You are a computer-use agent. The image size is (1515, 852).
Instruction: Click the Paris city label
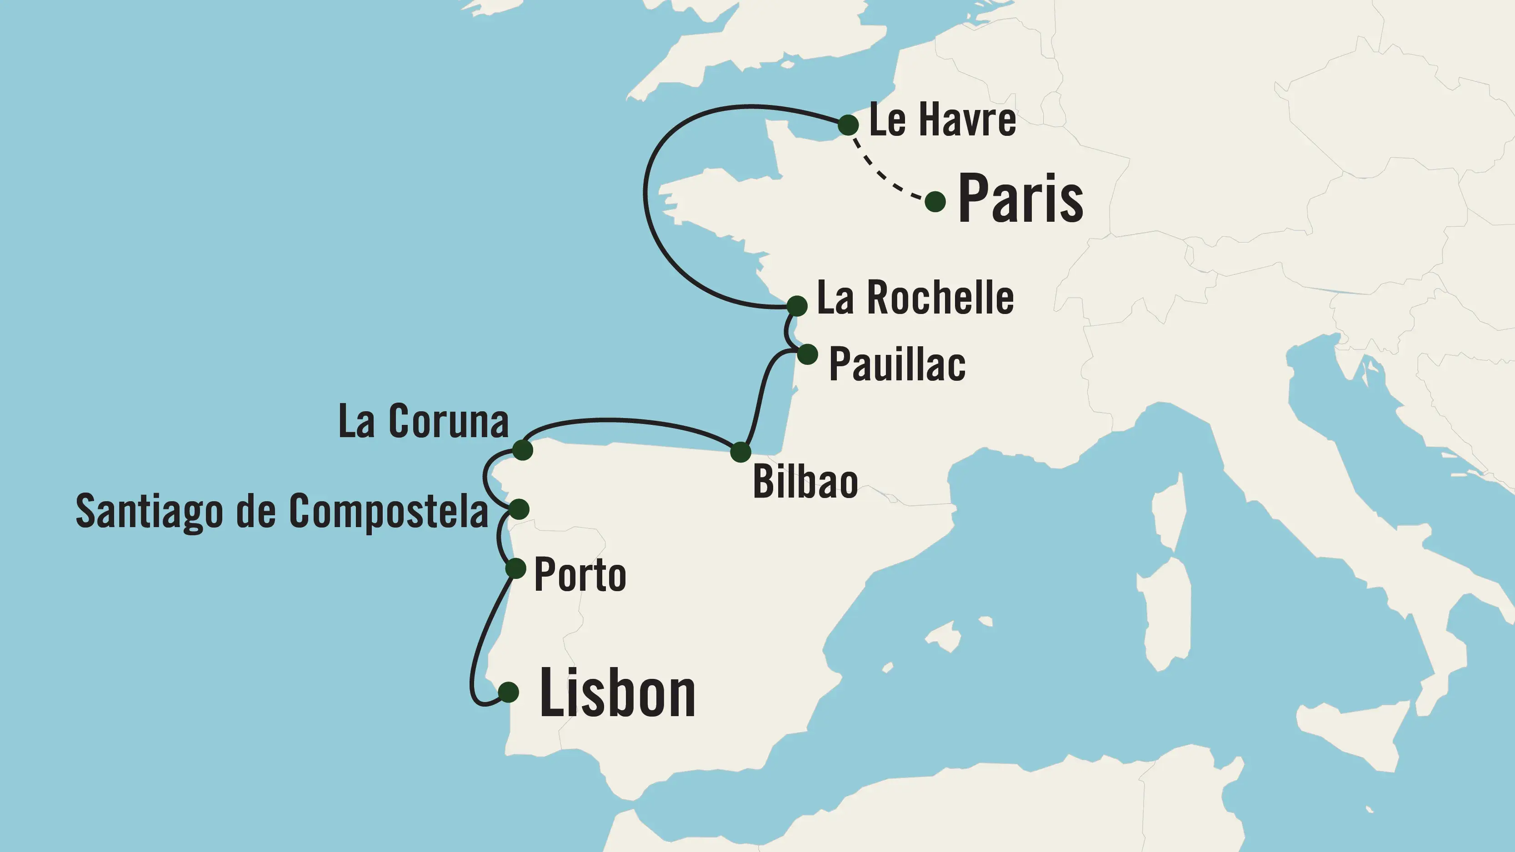click(1020, 199)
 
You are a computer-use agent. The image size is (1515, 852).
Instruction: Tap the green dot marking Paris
click(935, 202)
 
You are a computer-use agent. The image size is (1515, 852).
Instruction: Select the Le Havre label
click(942, 120)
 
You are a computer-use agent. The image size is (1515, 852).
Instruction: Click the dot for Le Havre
click(848, 125)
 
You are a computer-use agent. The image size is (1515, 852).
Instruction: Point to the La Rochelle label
click(915, 298)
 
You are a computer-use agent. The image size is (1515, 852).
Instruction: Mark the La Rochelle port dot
click(797, 306)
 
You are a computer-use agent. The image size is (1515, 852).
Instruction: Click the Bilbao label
click(805, 482)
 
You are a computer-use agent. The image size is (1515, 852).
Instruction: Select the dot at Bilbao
click(740, 452)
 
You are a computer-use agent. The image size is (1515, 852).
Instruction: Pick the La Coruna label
click(424, 422)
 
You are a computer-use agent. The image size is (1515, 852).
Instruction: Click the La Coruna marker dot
click(522, 450)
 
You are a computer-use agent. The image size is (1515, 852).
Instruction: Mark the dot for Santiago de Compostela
click(519, 508)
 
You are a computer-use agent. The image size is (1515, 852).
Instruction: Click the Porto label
click(580, 575)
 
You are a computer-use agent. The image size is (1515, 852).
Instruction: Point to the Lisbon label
click(618, 694)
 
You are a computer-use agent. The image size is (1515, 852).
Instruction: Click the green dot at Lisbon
click(509, 692)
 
